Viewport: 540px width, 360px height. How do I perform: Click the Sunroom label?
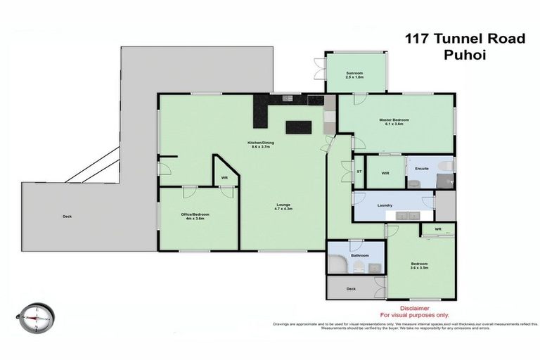pyautogui.click(x=354, y=73)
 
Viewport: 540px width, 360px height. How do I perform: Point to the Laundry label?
pyautogui.click(x=385, y=205)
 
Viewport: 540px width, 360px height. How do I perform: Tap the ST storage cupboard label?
pyautogui.click(x=359, y=172)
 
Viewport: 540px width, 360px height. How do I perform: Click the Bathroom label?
pyautogui.click(x=360, y=255)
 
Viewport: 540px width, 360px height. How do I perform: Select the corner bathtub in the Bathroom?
pyautogui.click(x=338, y=264)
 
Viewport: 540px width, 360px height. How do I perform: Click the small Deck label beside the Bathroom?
pyautogui.click(x=351, y=288)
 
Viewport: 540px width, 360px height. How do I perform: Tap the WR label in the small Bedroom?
pyautogui.click(x=437, y=229)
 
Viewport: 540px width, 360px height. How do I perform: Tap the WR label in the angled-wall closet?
pyautogui.click(x=224, y=178)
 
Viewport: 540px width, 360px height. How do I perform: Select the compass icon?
pyautogui.click(x=35, y=318)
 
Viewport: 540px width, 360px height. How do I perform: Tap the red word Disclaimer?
pyautogui.click(x=414, y=308)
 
